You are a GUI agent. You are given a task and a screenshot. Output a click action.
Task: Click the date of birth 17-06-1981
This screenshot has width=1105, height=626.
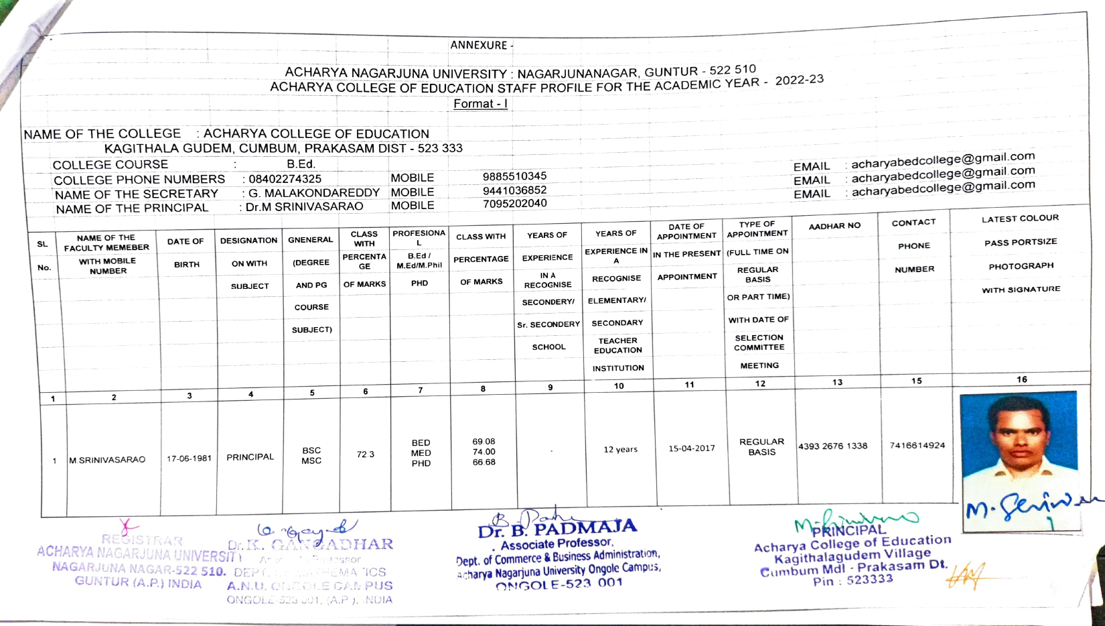189,458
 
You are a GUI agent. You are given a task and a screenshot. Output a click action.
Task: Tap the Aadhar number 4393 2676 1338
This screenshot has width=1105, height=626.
832,446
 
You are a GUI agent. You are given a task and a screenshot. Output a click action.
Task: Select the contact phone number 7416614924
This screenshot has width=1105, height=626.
917,445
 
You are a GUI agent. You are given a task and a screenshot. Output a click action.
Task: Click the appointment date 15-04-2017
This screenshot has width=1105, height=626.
691,448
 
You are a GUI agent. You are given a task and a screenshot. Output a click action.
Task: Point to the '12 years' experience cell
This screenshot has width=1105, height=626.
620,449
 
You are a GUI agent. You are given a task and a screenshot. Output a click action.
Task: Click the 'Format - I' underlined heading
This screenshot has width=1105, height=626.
480,104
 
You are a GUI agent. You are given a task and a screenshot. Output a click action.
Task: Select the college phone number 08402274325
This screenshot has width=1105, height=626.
285,180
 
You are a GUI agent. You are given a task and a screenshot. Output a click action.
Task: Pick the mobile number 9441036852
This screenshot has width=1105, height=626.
514,190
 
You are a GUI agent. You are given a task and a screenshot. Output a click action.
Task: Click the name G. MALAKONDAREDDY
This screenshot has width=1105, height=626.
313,193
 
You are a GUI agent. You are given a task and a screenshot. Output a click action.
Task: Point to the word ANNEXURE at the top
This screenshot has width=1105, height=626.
478,45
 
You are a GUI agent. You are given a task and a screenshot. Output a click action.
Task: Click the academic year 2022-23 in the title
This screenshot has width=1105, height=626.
799,80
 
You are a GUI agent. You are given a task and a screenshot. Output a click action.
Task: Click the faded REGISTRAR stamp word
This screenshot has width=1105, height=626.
142,540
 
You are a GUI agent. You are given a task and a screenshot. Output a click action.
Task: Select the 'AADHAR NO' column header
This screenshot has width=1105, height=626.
834,227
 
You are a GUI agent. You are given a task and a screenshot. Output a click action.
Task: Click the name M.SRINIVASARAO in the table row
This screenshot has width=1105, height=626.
107,460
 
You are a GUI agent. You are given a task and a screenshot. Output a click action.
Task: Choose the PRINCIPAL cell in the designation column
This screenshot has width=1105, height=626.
250,457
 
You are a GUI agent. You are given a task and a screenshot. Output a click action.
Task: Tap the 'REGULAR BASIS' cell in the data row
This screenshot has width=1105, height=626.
761,447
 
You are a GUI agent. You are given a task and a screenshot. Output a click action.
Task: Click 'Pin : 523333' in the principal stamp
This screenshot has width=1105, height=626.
853,580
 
